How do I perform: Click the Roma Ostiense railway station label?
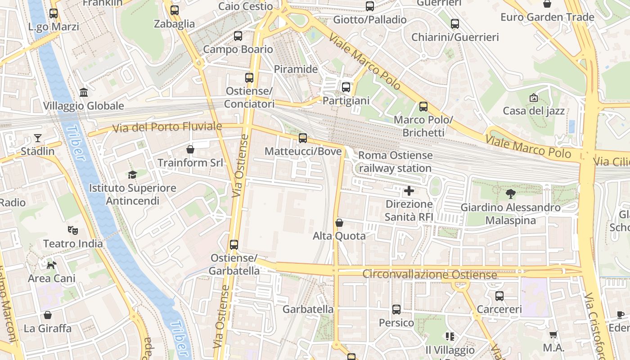click(395, 162)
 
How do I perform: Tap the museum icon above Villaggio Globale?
click(84, 93)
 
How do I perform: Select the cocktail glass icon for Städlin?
click(38, 138)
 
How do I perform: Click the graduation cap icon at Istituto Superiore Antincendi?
click(132, 175)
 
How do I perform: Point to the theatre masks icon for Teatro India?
click(73, 230)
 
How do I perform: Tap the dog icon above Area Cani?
click(52, 265)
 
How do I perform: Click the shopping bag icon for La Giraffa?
click(48, 315)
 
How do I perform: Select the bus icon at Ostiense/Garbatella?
click(234, 245)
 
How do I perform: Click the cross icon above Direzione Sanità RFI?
click(409, 191)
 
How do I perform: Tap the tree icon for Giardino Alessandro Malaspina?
click(510, 194)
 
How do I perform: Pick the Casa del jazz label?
click(534, 111)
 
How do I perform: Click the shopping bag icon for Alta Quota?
click(339, 223)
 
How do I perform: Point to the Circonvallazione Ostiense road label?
click(430, 274)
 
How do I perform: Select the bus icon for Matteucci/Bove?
click(303, 138)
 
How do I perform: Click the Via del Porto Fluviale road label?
click(167, 127)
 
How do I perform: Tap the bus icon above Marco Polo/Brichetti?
click(423, 107)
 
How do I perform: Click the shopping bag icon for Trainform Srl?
click(190, 149)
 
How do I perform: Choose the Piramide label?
click(296, 69)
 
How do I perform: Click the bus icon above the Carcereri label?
click(499, 296)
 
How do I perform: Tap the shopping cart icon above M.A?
click(553, 334)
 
